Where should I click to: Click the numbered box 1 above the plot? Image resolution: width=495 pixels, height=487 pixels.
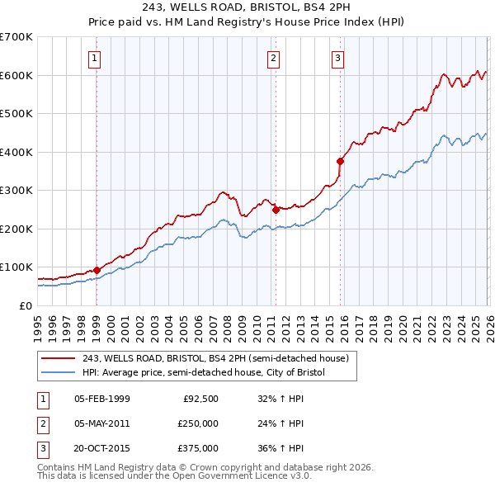click(x=97, y=58)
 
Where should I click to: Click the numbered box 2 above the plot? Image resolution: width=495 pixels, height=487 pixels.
click(x=274, y=58)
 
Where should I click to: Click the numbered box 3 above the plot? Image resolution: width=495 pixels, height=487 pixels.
click(x=338, y=58)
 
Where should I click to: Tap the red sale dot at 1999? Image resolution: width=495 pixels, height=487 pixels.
click(x=97, y=270)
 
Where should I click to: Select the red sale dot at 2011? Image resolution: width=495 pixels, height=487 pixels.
click(x=276, y=210)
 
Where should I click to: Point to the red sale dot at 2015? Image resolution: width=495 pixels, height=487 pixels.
click(x=340, y=162)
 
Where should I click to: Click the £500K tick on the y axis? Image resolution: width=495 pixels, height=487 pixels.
click(x=16, y=114)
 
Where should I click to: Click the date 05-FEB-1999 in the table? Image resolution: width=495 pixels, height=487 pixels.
click(x=102, y=399)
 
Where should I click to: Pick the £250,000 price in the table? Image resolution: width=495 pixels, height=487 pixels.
click(x=197, y=423)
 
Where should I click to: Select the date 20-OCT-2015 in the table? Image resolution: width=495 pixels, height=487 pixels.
click(x=103, y=448)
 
